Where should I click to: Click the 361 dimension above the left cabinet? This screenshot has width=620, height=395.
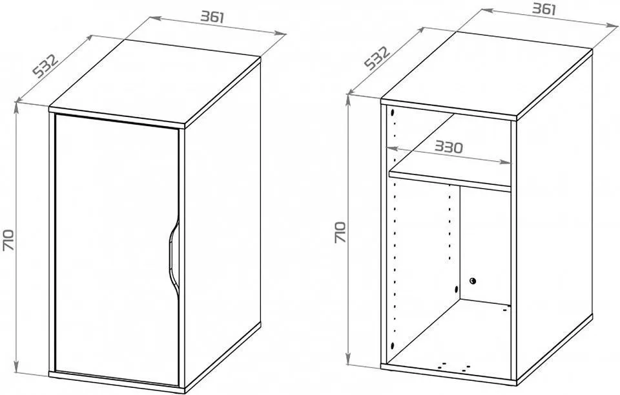[x=212, y=17]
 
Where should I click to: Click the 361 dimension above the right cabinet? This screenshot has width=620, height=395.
[x=544, y=8]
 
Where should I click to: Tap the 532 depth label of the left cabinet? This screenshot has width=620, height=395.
[x=45, y=66]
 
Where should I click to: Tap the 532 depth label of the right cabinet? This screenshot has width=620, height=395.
[x=377, y=58]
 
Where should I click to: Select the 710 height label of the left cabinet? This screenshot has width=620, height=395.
[x=8, y=239]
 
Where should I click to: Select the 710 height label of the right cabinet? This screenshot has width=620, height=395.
[x=340, y=232]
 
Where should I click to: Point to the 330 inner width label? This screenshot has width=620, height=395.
[x=449, y=147]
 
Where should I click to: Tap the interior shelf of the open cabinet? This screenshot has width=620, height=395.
[x=450, y=178]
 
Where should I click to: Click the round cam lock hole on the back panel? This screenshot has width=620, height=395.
[x=473, y=281]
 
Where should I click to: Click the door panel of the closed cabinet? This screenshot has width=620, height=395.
[x=117, y=250]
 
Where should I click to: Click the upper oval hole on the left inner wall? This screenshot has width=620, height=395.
[x=392, y=112]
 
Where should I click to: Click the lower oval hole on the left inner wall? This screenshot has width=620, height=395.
[x=392, y=345]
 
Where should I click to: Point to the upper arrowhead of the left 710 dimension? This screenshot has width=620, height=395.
[x=16, y=107]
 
